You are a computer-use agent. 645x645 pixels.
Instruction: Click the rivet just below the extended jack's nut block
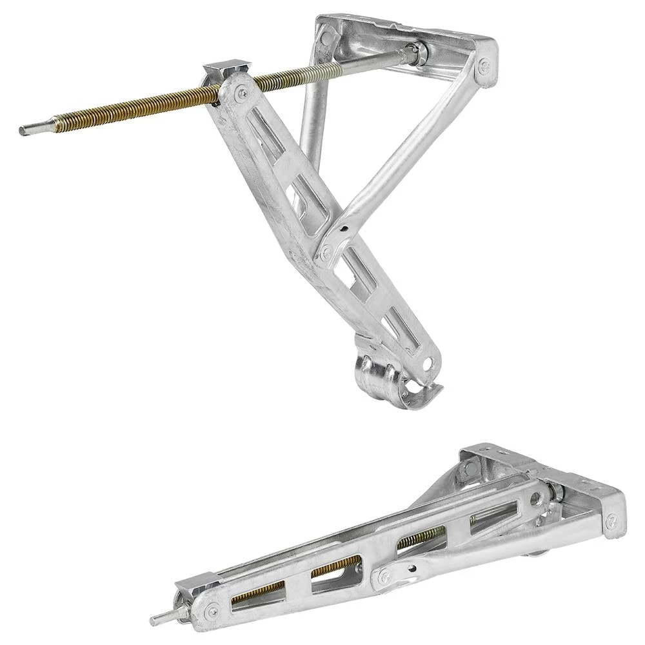[x=242, y=95]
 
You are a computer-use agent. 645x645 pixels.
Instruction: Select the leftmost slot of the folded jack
[x=258, y=591]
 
